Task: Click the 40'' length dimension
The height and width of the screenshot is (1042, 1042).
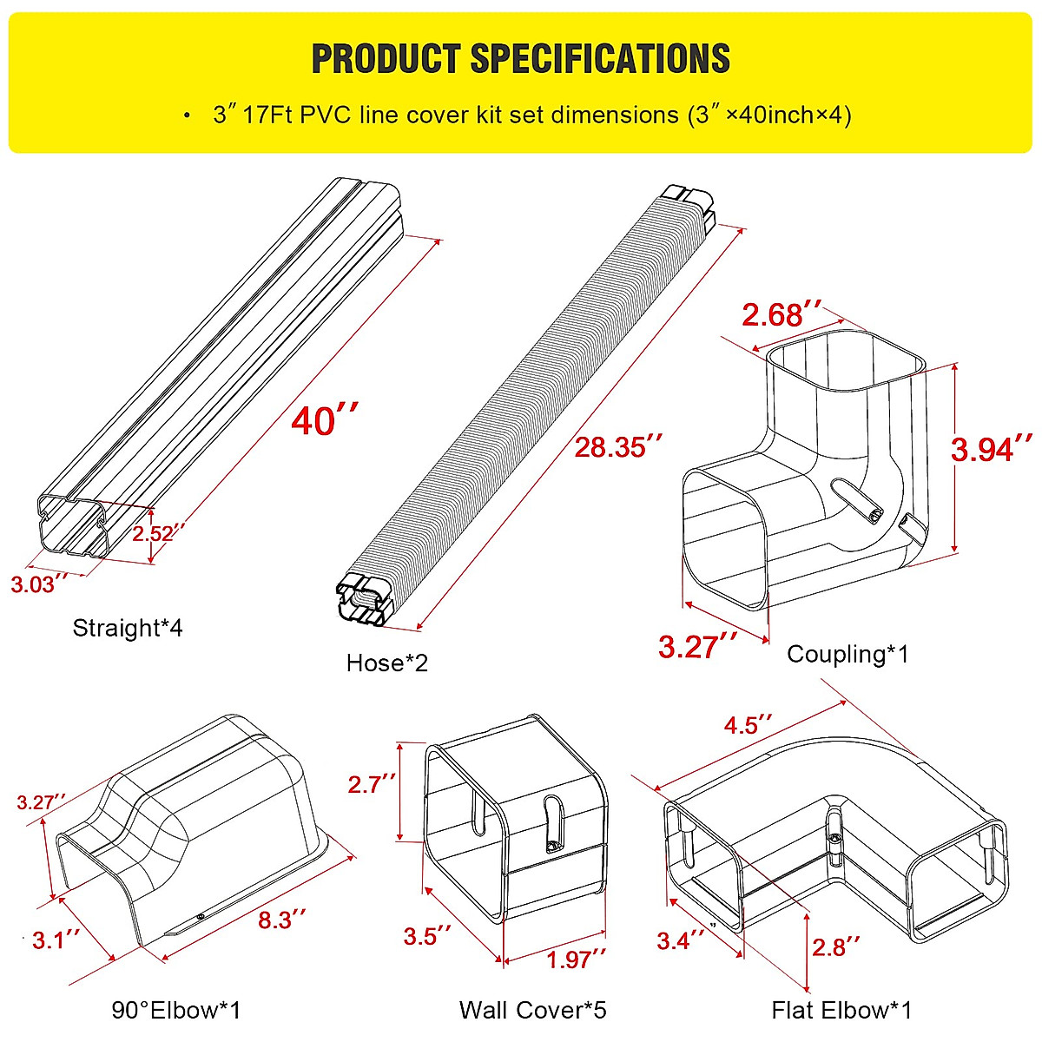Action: tap(325, 420)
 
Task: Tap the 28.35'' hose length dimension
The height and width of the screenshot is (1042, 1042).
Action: tap(618, 446)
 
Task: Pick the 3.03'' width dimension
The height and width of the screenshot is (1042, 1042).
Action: tap(39, 584)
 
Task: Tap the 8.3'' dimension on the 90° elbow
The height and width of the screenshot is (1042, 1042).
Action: tap(282, 920)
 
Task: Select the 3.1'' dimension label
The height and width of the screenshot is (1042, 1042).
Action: tap(56, 939)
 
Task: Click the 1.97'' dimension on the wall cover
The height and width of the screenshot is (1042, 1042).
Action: tap(576, 959)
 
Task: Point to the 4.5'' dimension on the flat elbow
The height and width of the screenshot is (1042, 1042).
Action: tap(748, 724)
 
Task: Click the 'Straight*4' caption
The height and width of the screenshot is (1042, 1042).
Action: tap(128, 628)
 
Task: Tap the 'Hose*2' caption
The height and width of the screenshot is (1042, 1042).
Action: tap(386, 663)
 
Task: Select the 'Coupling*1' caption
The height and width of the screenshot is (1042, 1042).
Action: tap(847, 654)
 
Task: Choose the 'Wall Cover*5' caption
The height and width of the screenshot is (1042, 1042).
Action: tap(532, 1010)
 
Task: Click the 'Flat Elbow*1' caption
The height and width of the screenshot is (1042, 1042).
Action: tap(841, 1010)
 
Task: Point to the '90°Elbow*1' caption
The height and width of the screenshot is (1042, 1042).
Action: tap(176, 1010)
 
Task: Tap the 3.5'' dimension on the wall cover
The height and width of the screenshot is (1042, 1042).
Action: tap(427, 936)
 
